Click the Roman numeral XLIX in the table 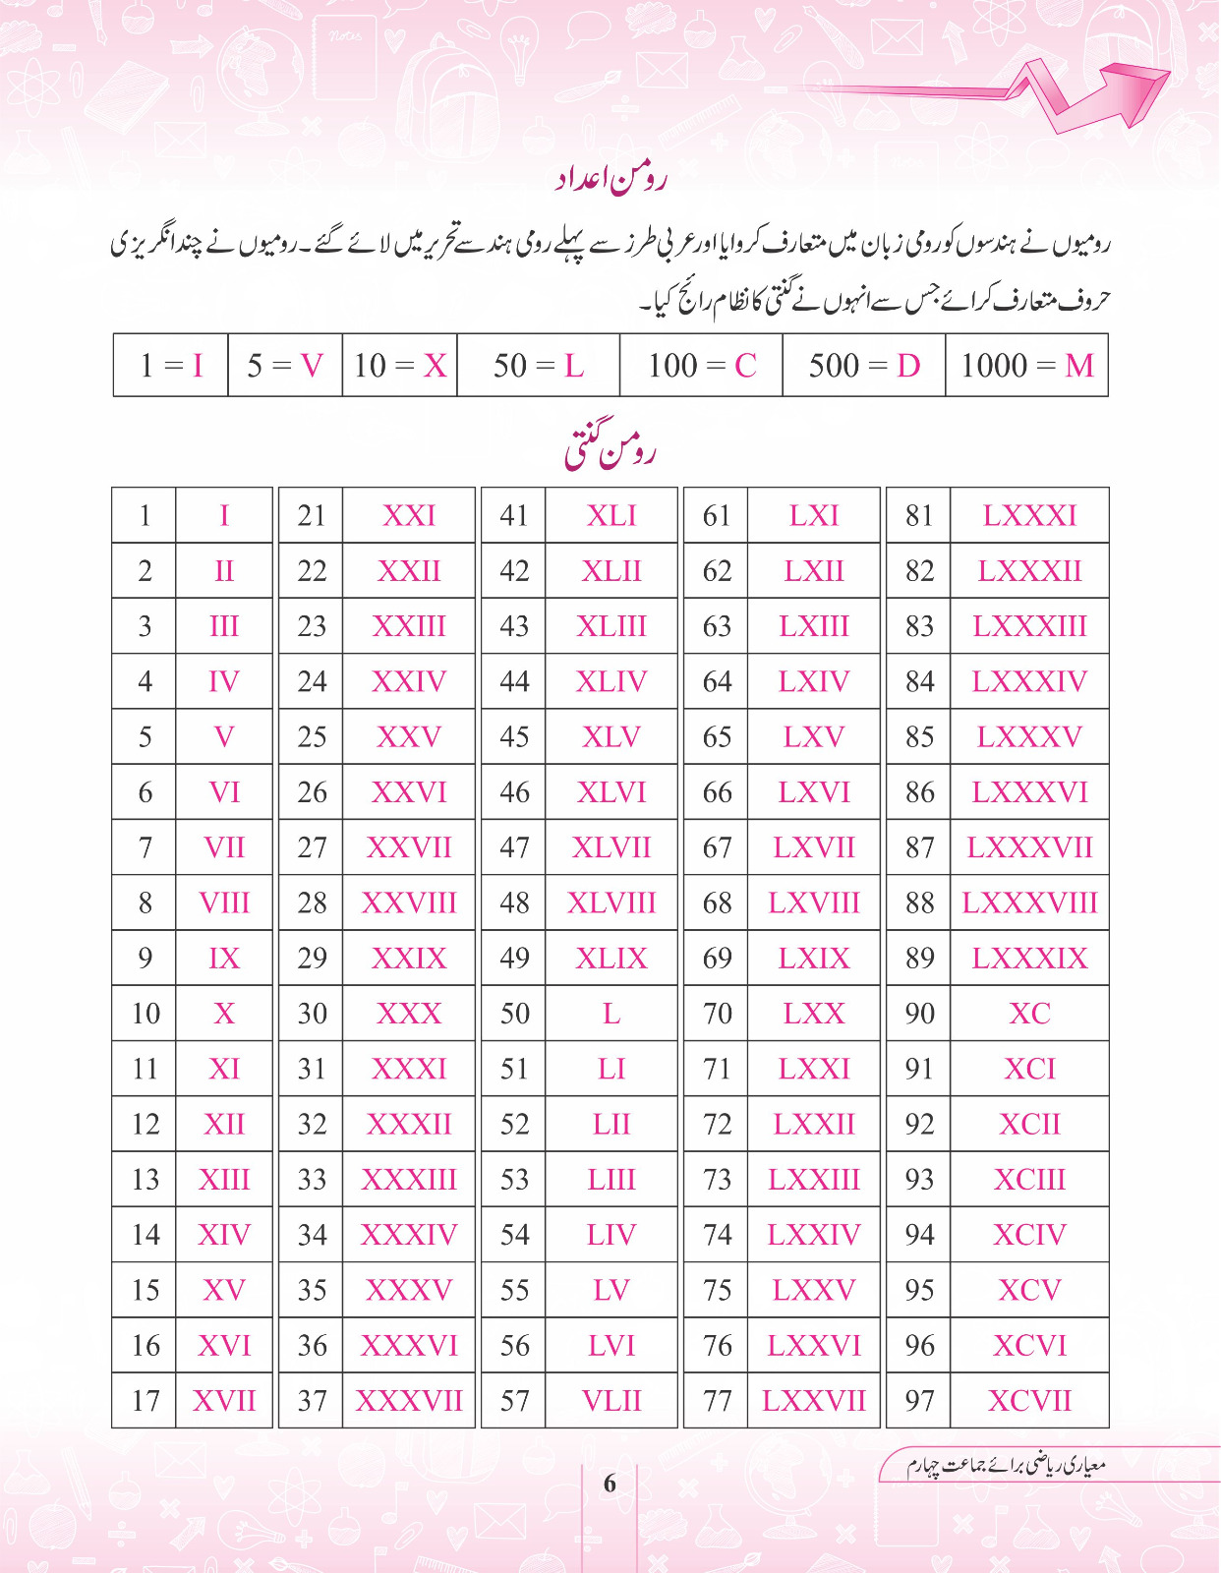click(611, 959)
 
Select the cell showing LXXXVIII click(1029, 903)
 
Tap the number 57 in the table click(514, 1400)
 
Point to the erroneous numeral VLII click(611, 1400)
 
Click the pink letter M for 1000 click(1078, 366)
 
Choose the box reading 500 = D click(863, 366)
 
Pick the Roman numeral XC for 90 click(1029, 1014)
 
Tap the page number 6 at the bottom click(610, 1484)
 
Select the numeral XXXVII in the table click(409, 1400)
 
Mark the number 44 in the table click(514, 681)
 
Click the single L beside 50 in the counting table click(611, 1014)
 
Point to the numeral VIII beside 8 click(224, 903)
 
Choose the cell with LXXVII click(814, 1400)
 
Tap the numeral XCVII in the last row click(1029, 1400)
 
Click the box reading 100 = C click(701, 366)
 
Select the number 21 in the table click(312, 515)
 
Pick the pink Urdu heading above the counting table click(610, 448)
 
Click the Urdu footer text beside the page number click(1007, 1466)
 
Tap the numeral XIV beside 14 click(224, 1235)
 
